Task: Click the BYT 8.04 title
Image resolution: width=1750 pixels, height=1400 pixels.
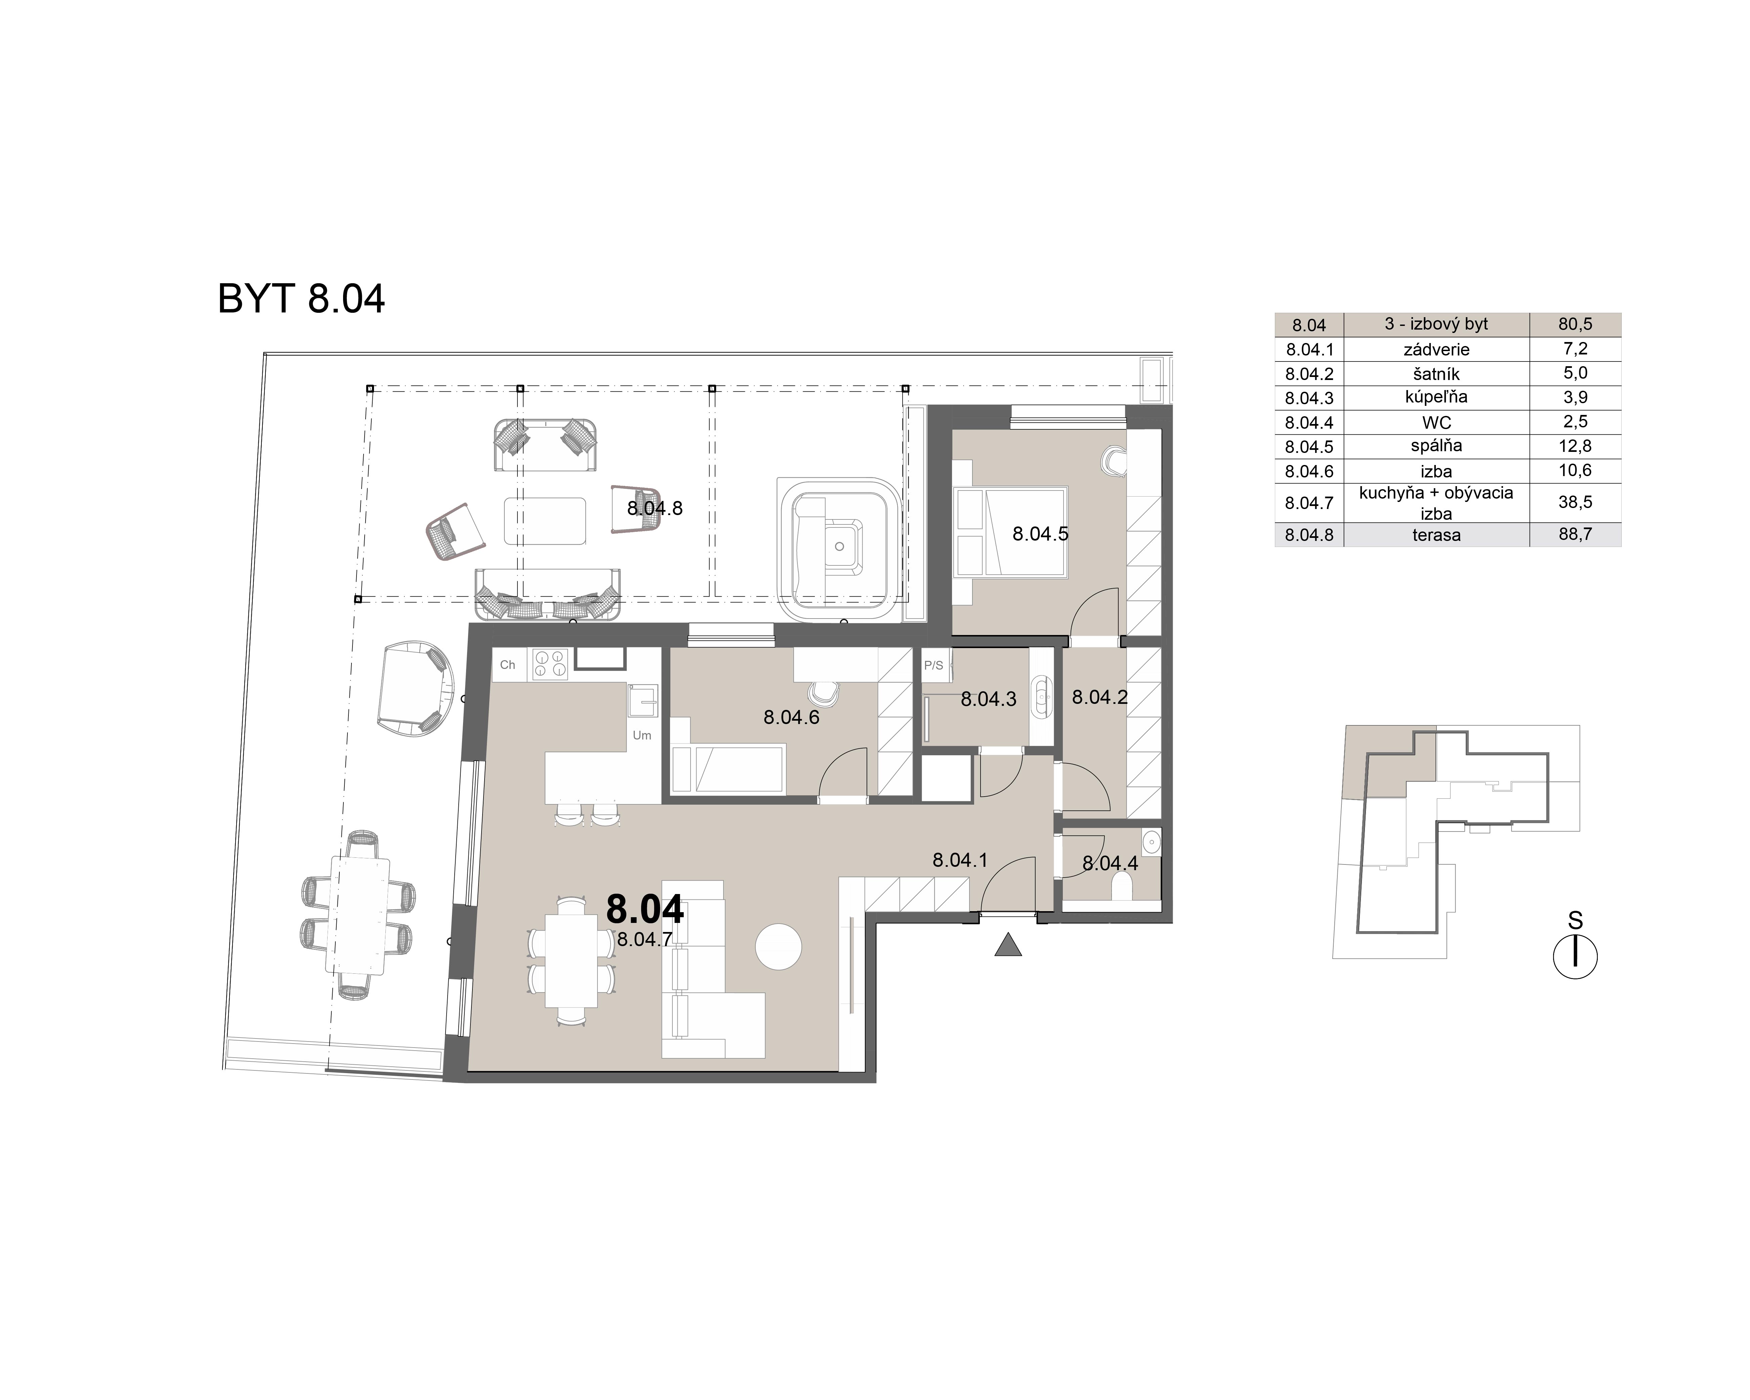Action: (x=301, y=299)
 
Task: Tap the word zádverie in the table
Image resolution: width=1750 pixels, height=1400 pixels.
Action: (x=1436, y=350)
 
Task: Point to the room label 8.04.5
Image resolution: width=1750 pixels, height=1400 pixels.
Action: (x=1040, y=534)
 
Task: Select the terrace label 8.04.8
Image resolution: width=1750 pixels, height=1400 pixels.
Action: (x=654, y=509)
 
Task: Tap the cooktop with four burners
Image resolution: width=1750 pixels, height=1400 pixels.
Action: (x=549, y=664)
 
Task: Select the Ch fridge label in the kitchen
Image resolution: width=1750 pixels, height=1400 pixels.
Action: (x=507, y=665)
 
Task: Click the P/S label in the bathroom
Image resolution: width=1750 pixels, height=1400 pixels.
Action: (x=933, y=666)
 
